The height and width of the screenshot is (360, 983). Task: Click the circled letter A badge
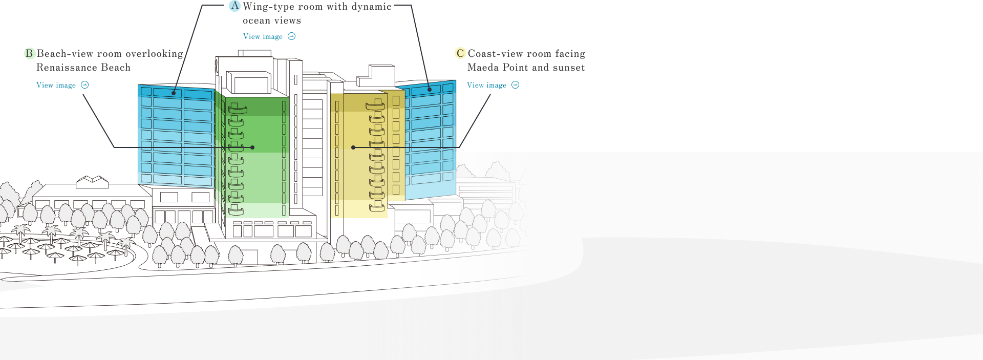234,6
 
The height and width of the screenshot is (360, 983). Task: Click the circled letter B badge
29,53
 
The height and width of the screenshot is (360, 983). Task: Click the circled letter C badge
460,53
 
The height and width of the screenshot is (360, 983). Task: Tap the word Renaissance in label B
64,68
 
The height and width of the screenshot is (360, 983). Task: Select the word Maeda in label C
483,68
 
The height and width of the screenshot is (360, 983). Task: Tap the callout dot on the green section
253,147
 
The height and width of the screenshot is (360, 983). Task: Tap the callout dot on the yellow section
353,147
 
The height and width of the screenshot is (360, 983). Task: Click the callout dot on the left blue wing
174,93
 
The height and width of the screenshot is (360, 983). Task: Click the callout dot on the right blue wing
430,90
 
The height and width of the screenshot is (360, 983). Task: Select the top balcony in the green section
237,109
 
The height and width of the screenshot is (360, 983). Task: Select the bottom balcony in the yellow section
377,206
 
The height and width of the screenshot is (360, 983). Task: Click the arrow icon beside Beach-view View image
85,85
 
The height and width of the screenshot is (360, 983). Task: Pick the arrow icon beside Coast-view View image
516,85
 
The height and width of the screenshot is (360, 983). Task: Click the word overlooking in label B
154,54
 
